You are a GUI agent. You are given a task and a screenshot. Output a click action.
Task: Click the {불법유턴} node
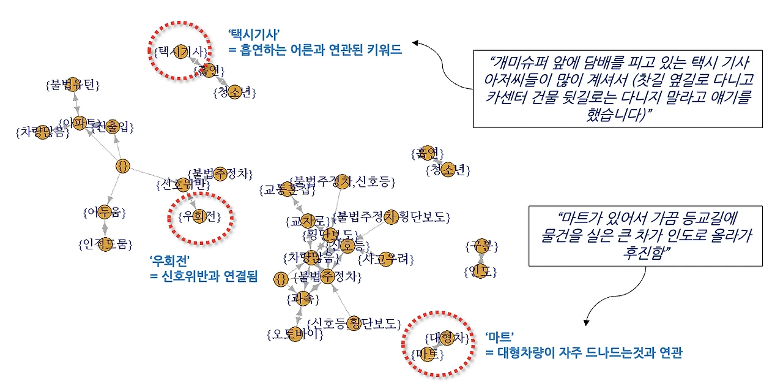(72, 84)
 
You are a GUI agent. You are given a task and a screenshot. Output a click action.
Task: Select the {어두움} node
(104, 213)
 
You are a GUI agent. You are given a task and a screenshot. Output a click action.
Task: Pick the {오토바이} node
(295, 335)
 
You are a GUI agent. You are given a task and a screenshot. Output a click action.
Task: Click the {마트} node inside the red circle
(428, 354)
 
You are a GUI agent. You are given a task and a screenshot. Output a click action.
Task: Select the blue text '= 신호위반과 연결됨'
(204, 277)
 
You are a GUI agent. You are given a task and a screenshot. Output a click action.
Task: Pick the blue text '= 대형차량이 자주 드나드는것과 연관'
(584, 353)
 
